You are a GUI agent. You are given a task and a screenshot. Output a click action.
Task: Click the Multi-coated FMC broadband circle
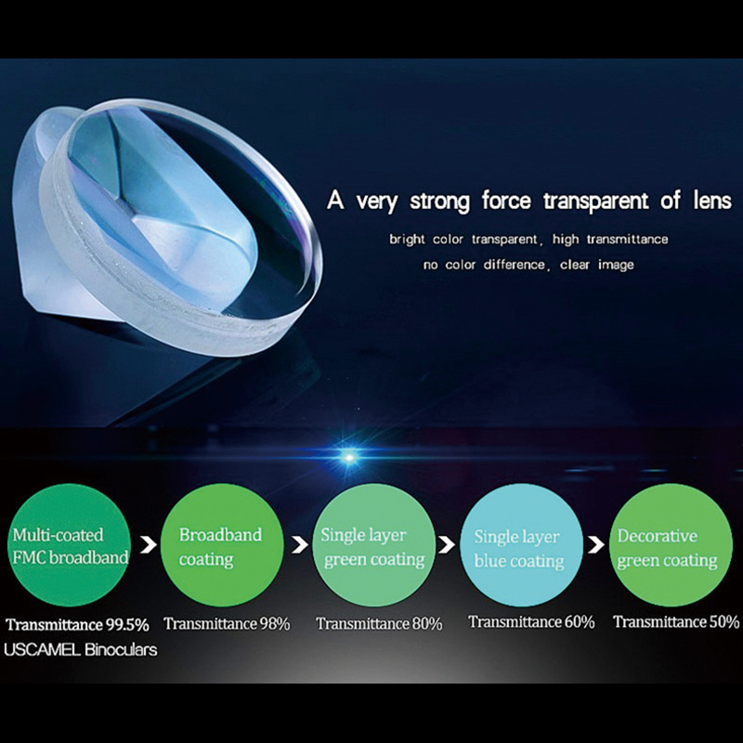[x=70, y=545]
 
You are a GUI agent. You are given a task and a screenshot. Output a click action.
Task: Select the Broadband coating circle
[x=222, y=545]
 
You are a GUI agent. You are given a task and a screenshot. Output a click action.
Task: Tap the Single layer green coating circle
[x=374, y=545]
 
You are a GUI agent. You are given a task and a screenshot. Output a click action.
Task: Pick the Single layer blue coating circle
[x=521, y=545]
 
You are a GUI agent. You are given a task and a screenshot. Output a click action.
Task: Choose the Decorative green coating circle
[x=671, y=545]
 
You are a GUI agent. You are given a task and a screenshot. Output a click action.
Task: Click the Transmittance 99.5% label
[x=78, y=624]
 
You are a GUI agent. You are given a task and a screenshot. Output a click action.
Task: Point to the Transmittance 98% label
[x=227, y=623]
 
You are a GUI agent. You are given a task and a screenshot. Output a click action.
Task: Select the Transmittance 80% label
[x=379, y=623]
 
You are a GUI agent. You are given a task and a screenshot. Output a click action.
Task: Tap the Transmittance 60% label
[x=531, y=621]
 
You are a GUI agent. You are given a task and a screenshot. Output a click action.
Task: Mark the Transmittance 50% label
[x=676, y=621]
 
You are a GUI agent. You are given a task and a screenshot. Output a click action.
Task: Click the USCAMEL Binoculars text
[x=81, y=649]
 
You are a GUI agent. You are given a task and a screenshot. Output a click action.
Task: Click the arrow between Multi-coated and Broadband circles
[x=149, y=545]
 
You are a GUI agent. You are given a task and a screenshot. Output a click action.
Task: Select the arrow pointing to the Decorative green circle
[x=596, y=545]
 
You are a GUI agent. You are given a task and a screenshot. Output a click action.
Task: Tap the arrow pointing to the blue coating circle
[x=447, y=545]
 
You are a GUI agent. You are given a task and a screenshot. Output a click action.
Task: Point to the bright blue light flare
[x=349, y=457]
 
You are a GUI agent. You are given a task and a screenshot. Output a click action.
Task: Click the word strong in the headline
[x=439, y=201]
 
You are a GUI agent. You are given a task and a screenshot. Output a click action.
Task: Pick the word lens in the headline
[x=712, y=200]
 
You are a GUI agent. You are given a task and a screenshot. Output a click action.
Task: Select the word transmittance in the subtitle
[x=628, y=240]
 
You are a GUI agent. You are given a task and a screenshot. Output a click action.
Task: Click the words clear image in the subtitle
[x=596, y=265]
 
